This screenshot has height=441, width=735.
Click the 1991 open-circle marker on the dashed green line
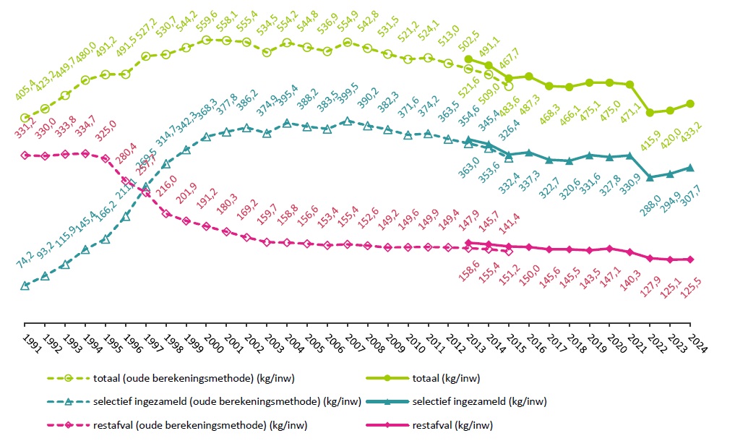[25, 118]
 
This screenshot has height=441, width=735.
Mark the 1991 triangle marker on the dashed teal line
[25, 286]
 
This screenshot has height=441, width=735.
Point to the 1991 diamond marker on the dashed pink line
[25, 155]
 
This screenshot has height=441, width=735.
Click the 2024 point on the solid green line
[691, 103]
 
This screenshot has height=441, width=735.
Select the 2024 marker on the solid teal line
[691, 168]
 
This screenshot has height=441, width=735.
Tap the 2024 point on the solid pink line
[691, 260]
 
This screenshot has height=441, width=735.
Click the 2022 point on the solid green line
[650, 112]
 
